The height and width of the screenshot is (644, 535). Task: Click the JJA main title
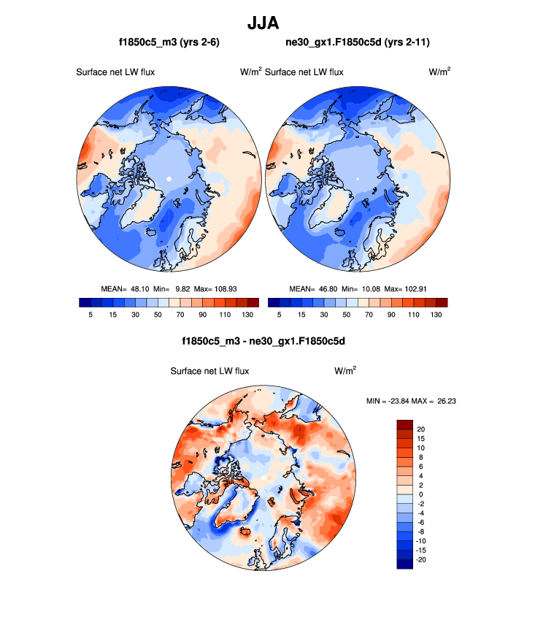coord(267,23)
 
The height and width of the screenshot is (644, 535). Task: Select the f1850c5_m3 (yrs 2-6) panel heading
coord(169,43)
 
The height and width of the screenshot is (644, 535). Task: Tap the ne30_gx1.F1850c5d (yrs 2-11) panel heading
coord(358,43)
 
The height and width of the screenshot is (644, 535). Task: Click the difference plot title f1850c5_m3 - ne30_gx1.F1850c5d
coord(263,341)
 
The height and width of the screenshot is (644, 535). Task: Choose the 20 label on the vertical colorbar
coord(421,429)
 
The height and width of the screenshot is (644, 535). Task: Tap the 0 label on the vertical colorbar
coord(420,494)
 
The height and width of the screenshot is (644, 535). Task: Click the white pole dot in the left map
coord(169,179)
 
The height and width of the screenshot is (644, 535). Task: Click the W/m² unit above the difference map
coord(345,371)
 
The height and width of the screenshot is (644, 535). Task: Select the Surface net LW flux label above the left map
coord(115,72)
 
